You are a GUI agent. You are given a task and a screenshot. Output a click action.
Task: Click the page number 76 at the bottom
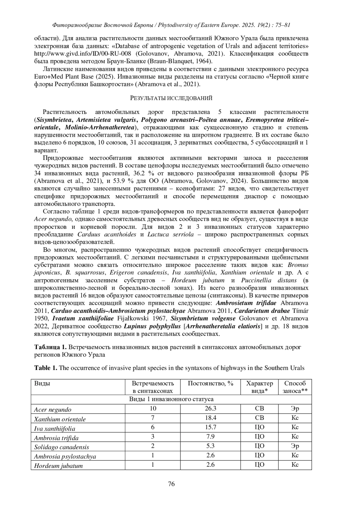(x=171, y=484)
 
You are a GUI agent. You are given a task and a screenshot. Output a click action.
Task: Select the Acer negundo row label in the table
(x=53, y=409)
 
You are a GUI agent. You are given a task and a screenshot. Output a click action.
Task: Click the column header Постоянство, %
(x=211, y=383)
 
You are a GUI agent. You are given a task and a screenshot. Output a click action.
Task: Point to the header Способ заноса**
(x=295, y=387)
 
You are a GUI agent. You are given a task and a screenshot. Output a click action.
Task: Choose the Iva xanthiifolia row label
(x=55, y=428)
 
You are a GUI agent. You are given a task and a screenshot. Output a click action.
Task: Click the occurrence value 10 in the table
(x=153, y=409)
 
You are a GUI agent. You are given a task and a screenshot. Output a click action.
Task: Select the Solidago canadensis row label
(x=61, y=447)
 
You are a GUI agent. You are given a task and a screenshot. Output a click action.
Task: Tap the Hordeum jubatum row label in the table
(x=58, y=466)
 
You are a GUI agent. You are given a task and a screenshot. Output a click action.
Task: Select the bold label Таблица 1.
(x=50, y=347)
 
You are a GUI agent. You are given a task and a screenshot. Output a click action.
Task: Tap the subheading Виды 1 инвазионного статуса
(x=171, y=399)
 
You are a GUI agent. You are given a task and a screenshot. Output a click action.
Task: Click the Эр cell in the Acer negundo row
(x=295, y=409)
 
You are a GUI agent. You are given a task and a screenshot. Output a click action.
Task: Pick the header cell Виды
(x=42, y=383)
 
